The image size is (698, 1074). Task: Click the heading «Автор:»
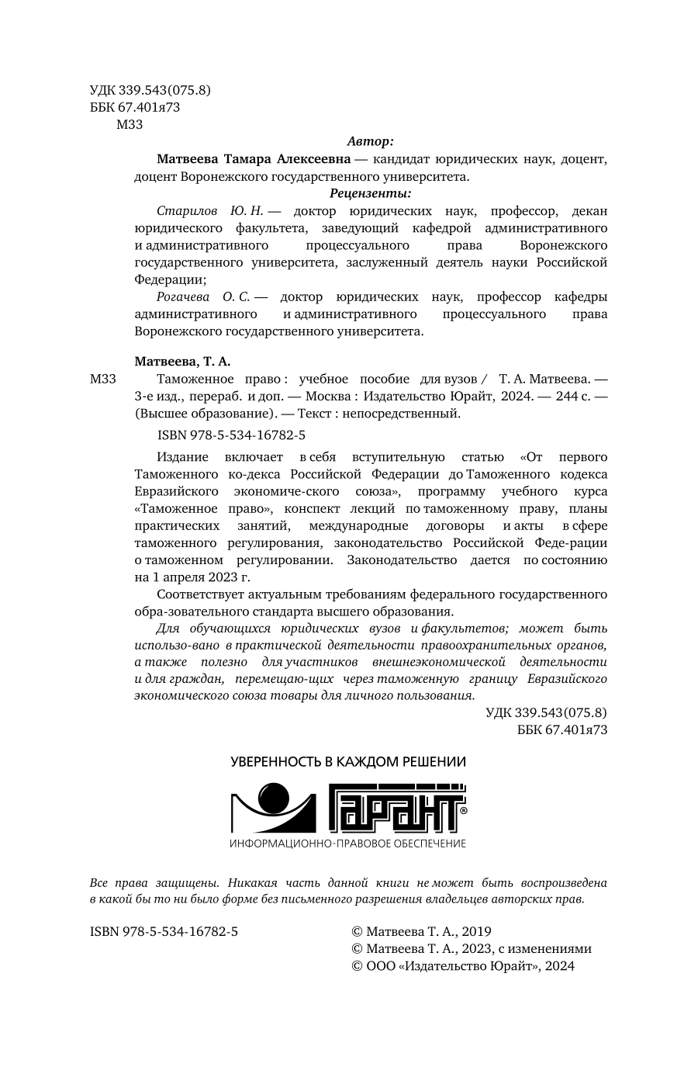[x=370, y=142]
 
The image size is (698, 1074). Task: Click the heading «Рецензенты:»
[x=370, y=193]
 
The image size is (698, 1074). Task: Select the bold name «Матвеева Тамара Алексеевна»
[x=253, y=159]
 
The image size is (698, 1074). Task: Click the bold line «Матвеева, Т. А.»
[x=183, y=362]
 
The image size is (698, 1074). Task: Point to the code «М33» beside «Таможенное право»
[x=103, y=379]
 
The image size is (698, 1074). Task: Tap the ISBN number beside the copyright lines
[x=164, y=931]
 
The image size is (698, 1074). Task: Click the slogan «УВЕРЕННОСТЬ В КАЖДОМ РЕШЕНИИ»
[x=348, y=761]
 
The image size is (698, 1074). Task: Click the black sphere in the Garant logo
[x=273, y=799]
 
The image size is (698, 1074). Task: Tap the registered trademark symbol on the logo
[x=463, y=809]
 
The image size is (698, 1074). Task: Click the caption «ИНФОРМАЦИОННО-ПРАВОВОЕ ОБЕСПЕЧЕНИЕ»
[x=348, y=844]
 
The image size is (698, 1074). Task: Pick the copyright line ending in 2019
[x=421, y=931]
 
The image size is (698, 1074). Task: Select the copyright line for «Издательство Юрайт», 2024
[x=463, y=966]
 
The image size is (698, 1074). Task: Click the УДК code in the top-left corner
[x=150, y=90]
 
